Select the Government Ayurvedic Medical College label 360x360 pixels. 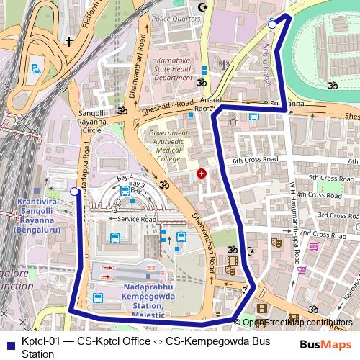point(168,145)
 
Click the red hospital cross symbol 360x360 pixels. point(202,174)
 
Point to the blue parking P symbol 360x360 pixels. point(35,70)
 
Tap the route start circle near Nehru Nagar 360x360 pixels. point(272,25)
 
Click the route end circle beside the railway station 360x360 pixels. point(74,192)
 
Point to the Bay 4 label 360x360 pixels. point(125,177)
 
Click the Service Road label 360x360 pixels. point(137,218)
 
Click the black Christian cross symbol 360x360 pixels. point(68,42)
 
